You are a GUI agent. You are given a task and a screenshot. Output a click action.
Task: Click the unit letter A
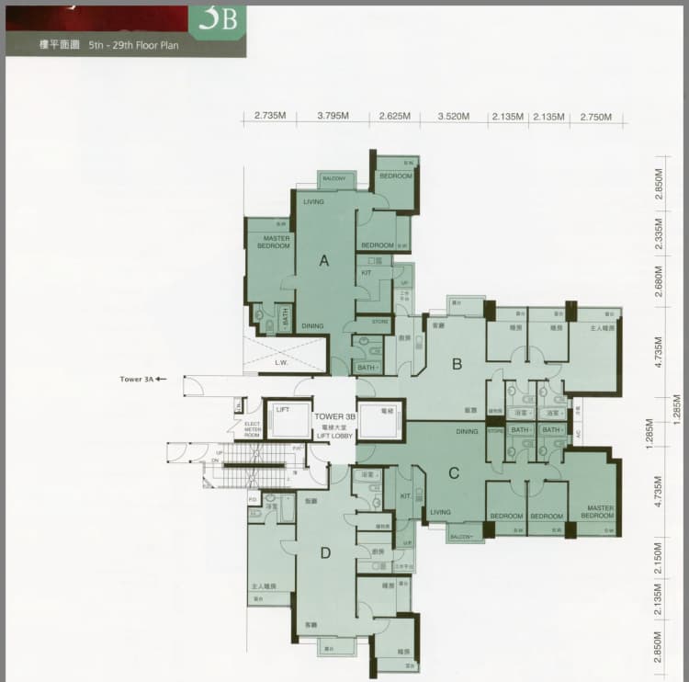tap(323, 261)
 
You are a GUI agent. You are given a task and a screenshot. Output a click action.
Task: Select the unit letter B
tap(456, 365)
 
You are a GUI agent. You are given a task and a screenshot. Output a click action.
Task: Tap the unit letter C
tap(454, 474)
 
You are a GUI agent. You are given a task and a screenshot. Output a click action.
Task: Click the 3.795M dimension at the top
tap(333, 117)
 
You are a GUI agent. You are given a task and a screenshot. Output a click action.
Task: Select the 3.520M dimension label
tap(454, 117)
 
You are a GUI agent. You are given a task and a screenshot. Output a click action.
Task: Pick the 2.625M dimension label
tap(394, 117)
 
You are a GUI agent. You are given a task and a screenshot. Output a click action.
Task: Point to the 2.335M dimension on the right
tap(659, 235)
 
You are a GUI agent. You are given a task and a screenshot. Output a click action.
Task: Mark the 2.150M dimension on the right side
tap(659, 563)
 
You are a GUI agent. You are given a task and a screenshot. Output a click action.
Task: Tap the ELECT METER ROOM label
tap(252, 428)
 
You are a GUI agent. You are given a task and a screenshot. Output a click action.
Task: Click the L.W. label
tap(281, 362)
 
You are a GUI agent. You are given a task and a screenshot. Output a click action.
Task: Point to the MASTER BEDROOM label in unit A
tap(274, 242)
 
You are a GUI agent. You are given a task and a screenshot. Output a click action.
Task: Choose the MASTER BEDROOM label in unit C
tap(597, 512)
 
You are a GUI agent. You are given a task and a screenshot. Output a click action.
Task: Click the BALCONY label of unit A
tap(334, 177)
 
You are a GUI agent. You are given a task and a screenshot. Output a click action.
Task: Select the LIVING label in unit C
tap(441, 513)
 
